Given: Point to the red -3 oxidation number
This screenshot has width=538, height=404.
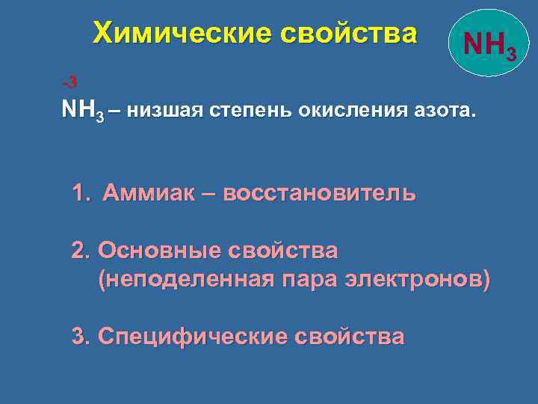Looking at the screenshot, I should [69, 81].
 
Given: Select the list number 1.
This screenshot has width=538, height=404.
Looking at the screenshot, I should [80, 193].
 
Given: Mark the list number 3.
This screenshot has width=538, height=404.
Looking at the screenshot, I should [79, 336].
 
